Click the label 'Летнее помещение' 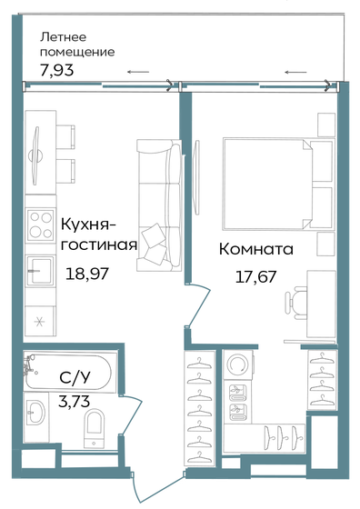pyautogui.click(x=78, y=44)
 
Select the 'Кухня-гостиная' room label pyautogui.click(x=97, y=234)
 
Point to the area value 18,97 pyautogui.click(x=87, y=272)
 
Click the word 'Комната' pyautogui.click(x=256, y=249)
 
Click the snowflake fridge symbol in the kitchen pyautogui.click(x=38, y=322)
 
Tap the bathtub pyautogui.click(x=67, y=372)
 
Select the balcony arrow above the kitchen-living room pyautogui.click(x=138, y=72)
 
